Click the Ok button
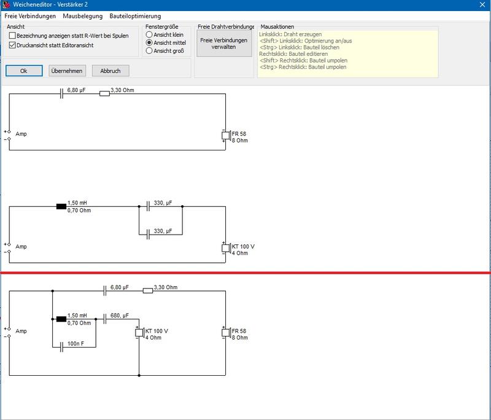click(x=24, y=71)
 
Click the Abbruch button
click(x=110, y=71)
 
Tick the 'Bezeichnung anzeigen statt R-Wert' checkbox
click(x=12, y=36)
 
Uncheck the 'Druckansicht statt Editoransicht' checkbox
click(x=12, y=45)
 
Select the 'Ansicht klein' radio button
click(x=149, y=34)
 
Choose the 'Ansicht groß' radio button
click(x=149, y=51)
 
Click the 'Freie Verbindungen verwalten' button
click(x=224, y=44)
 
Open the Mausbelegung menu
click(x=83, y=16)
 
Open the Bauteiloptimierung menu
click(x=135, y=16)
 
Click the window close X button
click(x=482, y=5)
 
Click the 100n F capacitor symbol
click(x=61, y=347)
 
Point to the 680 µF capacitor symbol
click(x=105, y=319)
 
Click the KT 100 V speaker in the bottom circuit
click(x=139, y=333)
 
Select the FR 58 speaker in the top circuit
click(x=226, y=136)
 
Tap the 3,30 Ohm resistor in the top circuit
click(x=104, y=93)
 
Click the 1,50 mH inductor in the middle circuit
click(x=61, y=206)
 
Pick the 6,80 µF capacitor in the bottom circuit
click(x=105, y=291)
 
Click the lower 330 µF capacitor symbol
click(x=148, y=235)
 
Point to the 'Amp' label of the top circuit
click(x=21, y=134)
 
